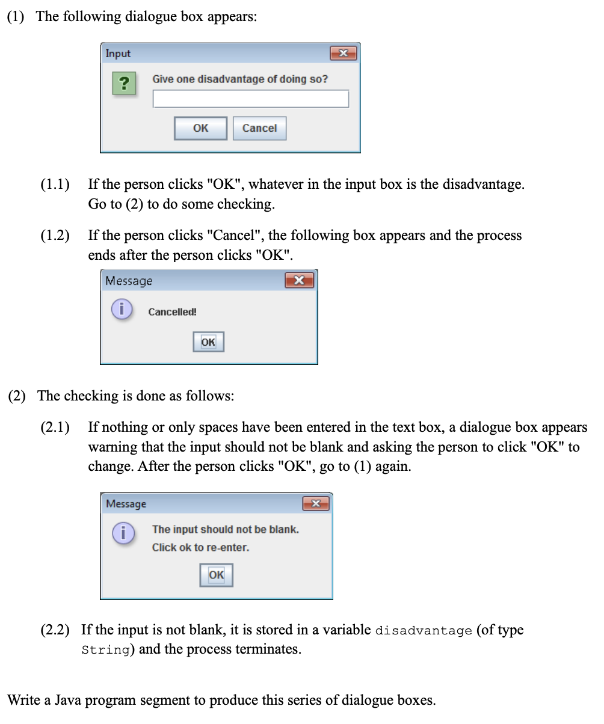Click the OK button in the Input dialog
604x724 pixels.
(x=200, y=128)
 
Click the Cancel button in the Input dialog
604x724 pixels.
(x=259, y=128)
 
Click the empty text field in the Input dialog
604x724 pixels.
(x=250, y=99)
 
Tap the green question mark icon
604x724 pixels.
(x=123, y=83)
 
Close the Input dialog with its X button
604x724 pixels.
(x=344, y=54)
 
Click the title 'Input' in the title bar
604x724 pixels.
(x=118, y=54)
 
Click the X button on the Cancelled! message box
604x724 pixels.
(x=299, y=280)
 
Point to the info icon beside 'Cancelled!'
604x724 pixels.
(x=122, y=310)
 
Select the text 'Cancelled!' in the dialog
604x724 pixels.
(x=172, y=312)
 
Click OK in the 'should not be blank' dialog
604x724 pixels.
(x=216, y=575)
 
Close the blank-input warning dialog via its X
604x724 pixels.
(x=315, y=503)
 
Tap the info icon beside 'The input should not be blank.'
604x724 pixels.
(x=123, y=533)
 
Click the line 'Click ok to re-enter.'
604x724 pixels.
(x=200, y=548)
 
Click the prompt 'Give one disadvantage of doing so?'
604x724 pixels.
(x=240, y=79)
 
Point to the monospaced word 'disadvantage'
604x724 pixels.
(x=424, y=631)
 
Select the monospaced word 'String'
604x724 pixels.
(x=106, y=651)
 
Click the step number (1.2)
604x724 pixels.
(x=55, y=236)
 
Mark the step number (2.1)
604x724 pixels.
(x=55, y=428)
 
